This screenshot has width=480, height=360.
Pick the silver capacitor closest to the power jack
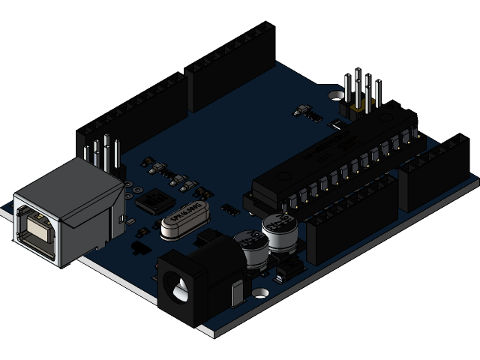point(250,248)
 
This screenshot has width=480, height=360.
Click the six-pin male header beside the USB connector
point(103,153)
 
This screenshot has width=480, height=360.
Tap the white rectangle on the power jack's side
point(238,293)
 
